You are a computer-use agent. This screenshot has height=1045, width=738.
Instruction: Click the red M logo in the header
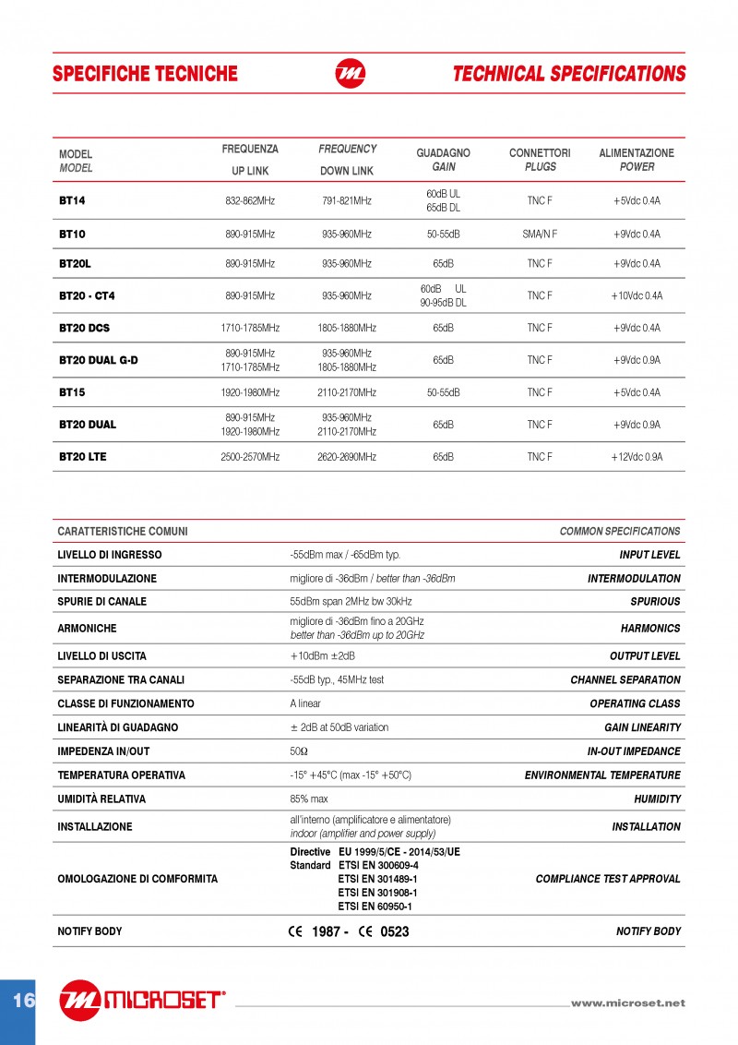(x=350, y=74)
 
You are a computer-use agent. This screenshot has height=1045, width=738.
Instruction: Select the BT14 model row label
(x=72, y=200)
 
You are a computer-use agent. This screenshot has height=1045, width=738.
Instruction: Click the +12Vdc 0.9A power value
(x=637, y=457)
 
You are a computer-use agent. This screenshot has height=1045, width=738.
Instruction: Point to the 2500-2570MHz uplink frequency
(x=250, y=457)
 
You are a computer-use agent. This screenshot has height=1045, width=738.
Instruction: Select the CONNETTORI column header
(x=540, y=153)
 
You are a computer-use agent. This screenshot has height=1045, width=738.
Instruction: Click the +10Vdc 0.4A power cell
(x=637, y=296)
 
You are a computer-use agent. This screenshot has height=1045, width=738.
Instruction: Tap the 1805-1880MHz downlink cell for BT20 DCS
(x=347, y=328)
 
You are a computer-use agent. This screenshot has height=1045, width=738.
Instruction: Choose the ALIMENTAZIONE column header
(x=637, y=153)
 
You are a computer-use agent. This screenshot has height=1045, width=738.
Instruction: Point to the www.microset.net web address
(x=628, y=1003)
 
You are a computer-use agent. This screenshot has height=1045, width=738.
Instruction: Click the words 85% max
(x=309, y=799)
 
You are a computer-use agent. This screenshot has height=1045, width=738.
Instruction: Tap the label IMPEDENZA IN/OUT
(x=103, y=751)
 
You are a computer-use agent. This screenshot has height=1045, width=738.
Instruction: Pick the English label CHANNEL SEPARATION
(x=625, y=680)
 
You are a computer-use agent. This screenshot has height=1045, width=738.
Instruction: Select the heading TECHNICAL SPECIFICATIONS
(x=569, y=74)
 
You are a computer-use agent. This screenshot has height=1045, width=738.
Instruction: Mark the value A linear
(x=305, y=703)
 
